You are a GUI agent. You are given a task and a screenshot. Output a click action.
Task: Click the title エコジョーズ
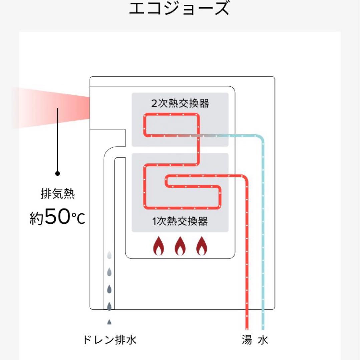tap(179, 9)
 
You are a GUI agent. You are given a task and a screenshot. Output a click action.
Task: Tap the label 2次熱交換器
tap(180, 103)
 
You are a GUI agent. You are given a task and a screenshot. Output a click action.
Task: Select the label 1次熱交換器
tap(180, 221)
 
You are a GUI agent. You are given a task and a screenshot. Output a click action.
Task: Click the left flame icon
tap(159, 246)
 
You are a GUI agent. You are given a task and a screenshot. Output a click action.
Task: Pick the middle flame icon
tap(180, 246)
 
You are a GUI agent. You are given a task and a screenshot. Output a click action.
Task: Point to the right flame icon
tap(201, 246)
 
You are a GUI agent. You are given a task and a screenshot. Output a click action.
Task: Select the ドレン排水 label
tap(109, 340)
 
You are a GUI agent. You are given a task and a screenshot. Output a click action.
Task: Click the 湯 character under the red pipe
tap(247, 340)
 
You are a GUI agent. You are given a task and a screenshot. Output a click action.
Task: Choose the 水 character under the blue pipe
tap(263, 340)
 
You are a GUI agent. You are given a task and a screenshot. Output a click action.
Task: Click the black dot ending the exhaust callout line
tap(57, 173)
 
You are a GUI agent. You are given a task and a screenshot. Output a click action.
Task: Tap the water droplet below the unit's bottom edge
tap(109, 322)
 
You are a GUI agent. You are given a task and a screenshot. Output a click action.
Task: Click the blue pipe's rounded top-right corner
tap(261, 138)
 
